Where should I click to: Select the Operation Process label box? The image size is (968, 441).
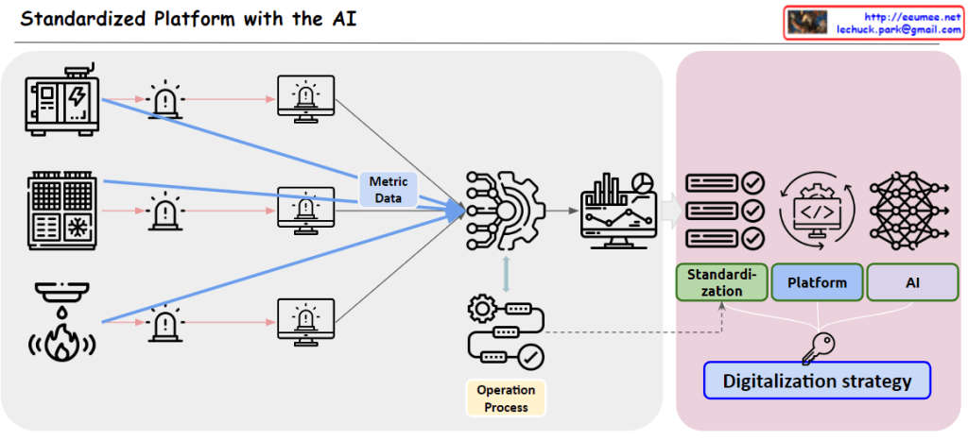[506, 398]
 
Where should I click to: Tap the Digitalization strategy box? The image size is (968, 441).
[817, 382]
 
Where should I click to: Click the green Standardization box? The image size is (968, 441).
[721, 282]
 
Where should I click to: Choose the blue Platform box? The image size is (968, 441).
[816, 282]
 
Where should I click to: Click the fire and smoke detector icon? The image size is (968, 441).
[59, 322]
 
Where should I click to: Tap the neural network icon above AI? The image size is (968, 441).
[910, 209]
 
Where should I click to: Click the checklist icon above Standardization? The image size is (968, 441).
[725, 210]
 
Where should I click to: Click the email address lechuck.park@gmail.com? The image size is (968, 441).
[898, 30]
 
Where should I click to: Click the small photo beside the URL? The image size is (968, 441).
[807, 23]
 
